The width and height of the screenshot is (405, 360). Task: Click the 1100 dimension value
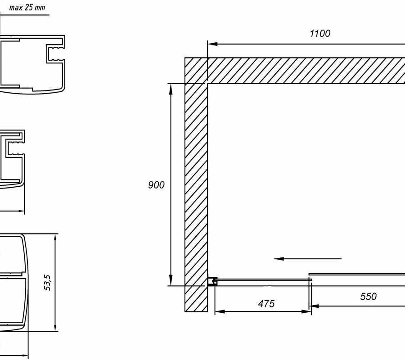point(320,33)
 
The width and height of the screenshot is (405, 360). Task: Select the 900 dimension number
point(156,184)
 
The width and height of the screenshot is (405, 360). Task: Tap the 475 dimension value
point(266,304)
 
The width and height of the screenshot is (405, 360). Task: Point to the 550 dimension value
point(368,297)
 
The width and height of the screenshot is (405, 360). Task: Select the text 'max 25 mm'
point(27,8)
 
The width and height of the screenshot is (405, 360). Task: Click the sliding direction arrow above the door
point(308,259)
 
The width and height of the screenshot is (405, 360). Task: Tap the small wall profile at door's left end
point(212,282)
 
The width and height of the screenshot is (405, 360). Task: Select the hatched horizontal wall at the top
point(306,71)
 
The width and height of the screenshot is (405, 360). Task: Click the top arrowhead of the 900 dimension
point(171,88)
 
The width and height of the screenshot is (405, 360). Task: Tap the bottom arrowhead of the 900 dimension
point(171,281)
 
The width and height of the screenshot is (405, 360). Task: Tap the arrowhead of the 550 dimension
point(315,306)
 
